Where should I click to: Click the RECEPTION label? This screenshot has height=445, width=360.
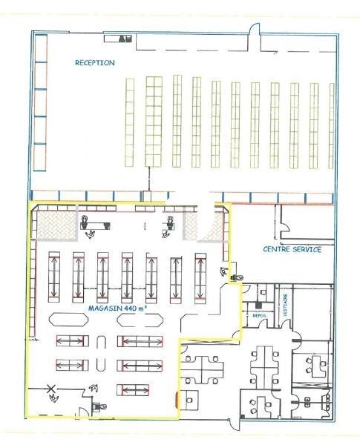[x=95, y=63]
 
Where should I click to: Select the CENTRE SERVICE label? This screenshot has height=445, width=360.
[x=292, y=250]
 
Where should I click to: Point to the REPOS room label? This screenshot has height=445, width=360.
[x=259, y=315]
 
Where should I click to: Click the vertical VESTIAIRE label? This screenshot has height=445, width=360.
[x=287, y=304]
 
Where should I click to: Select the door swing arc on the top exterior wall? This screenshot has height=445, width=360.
[x=254, y=31]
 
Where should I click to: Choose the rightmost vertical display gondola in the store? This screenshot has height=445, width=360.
[x=200, y=276]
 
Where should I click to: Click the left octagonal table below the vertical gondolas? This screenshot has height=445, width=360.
[x=67, y=320]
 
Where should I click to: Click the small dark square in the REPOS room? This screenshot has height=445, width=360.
[x=258, y=305]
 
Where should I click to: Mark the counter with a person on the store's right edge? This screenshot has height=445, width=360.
[x=236, y=277]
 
